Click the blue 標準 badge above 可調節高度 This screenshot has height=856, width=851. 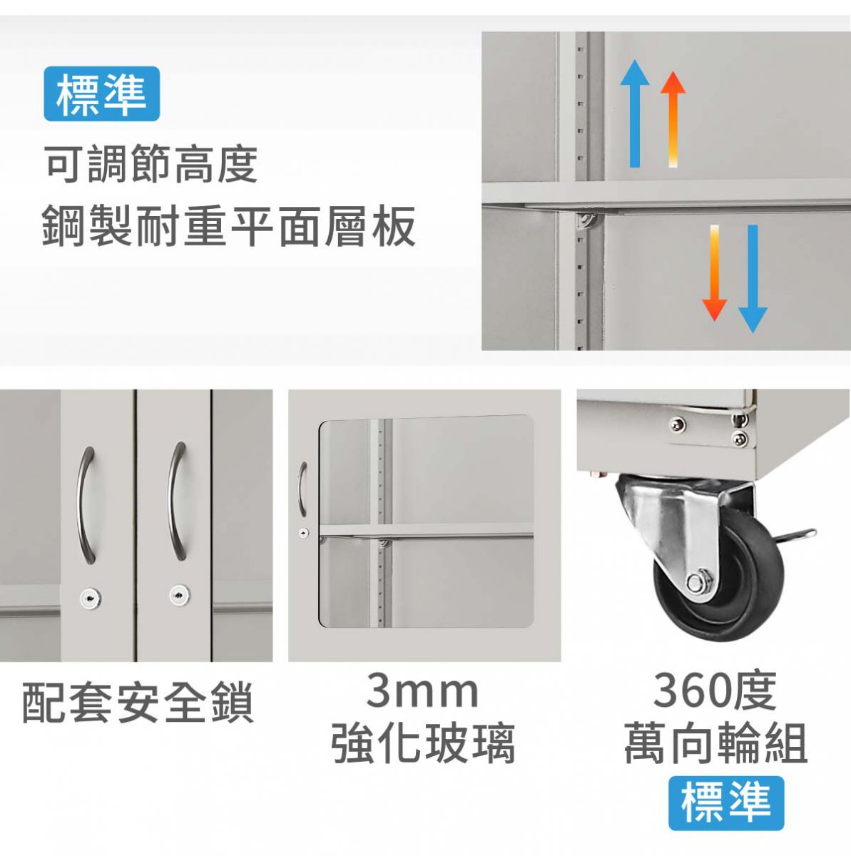102,93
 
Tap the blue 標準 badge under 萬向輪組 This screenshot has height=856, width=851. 726,803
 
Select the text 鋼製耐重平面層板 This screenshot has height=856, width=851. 229,226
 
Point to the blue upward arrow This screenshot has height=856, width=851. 635,113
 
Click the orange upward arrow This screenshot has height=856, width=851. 673,119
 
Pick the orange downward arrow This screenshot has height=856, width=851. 714,272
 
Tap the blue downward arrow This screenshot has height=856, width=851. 753,279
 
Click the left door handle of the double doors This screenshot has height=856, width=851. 86,506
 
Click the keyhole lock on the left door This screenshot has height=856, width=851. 91,598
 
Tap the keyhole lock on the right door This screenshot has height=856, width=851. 180,595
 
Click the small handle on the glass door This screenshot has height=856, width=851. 302,489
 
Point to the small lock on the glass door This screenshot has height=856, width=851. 303,532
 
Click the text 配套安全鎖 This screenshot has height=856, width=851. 138,703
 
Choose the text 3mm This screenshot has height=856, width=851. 422,692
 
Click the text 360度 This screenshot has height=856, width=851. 715,691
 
